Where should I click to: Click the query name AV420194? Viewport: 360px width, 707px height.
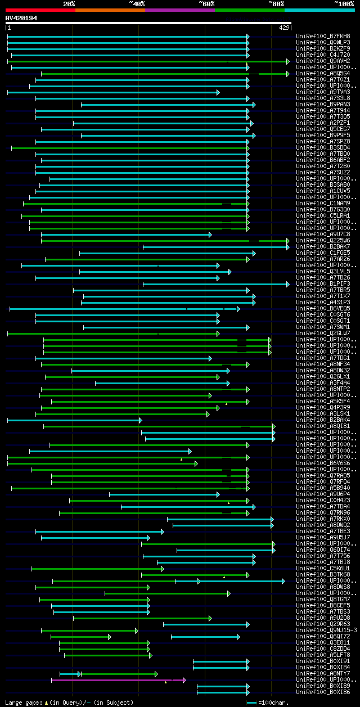(21, 18)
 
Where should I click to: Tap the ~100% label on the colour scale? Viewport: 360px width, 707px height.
(344, 4)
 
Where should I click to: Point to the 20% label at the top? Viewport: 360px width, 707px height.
(69, 4)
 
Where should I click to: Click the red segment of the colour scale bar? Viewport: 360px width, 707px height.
(40, 10)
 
